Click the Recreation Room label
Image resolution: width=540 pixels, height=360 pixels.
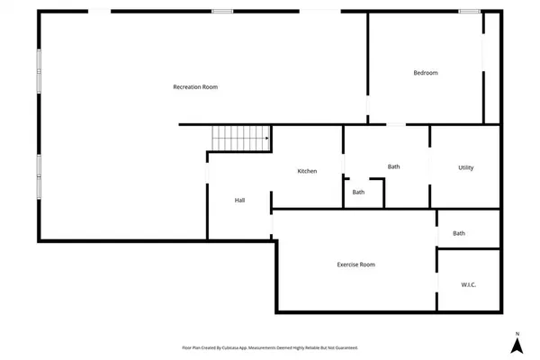tap(195, 87)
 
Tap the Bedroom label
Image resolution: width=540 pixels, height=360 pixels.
tap(426, 73)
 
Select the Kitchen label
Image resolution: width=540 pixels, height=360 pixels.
tap(307, 171)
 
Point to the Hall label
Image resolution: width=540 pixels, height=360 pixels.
tap(240, 200)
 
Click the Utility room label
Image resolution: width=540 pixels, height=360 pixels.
tap(465, 167)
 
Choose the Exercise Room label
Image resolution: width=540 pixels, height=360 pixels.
tap(355, 265)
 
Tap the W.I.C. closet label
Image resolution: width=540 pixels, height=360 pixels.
tap(468, 285)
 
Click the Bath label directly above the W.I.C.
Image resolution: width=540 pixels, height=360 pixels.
tap(459, 234)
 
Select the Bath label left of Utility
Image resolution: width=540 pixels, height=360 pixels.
tap(393, 166)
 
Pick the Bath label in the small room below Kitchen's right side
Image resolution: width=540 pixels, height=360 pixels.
tap(358, 192)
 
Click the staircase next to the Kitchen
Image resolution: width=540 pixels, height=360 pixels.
tap(240, 139)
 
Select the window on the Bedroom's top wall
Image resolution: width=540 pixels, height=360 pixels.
tap(469, 11)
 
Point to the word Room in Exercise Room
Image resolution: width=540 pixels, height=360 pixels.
tap(366, 265)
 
